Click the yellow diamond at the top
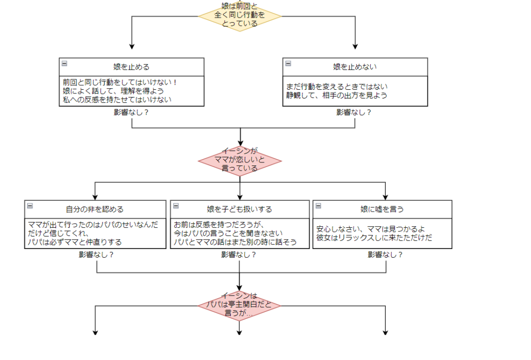240,15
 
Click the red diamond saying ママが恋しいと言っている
240,160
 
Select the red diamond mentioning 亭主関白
239,304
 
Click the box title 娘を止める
132,67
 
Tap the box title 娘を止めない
355,67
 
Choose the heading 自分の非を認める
94,209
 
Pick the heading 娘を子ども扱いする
239,209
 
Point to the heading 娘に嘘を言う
382,209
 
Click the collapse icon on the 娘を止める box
64,63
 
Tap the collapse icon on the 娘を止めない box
288,63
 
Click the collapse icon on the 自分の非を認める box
30,205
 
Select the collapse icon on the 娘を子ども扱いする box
176,205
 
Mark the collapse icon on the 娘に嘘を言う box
318,205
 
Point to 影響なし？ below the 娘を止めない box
354,112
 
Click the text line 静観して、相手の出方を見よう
337,95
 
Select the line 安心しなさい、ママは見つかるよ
370,229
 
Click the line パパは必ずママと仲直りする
75,242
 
